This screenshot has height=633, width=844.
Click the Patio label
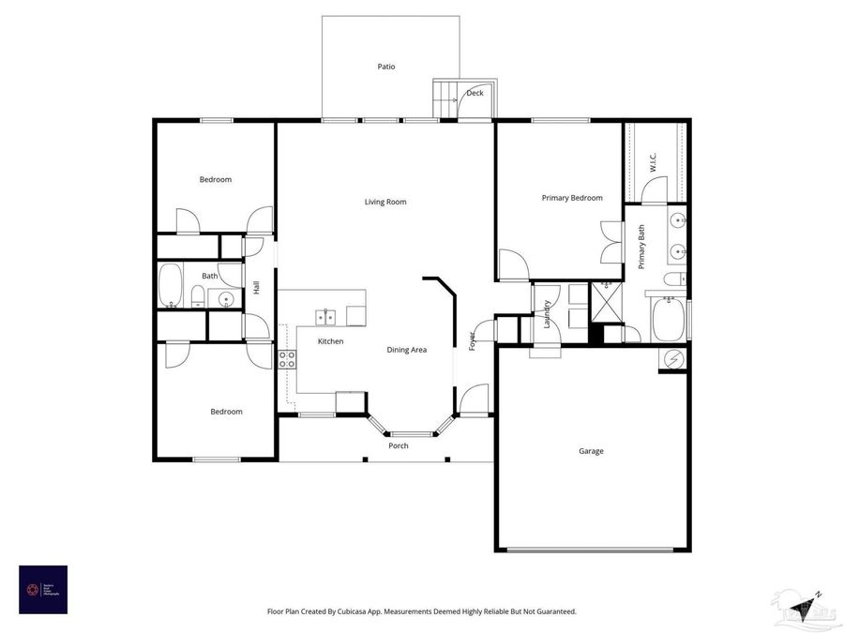pyautogui.click(x=386, y=67)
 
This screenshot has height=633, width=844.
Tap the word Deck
pyautogui.click(x=475, y=93)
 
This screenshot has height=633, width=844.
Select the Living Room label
pyautogui.click(x=385, y=202)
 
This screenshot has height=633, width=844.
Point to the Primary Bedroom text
pyautogui.click(x=572, y=198)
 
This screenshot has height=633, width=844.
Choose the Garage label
pyautogui.click(x=591, y=451)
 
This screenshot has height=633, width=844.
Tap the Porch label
pyautogui.click(x=399, y=445)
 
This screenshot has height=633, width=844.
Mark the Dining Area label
pyautogui.click(x=407, y=350)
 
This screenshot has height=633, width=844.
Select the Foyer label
pyautogui.click(x=473, y=341)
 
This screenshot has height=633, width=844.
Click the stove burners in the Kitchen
pyautogui.click(x=288, y=359)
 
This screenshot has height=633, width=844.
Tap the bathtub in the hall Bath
pyautogui.click(x=171, y=286)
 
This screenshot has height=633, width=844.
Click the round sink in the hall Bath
pyautogui.click(x=225, y=300)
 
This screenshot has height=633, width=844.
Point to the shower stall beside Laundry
pyautogui.click(x=604, y=302)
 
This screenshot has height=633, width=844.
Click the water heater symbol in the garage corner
pyautogui.click(x=673, y=357)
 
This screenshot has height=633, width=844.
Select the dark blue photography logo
pyautogui.click(x=43, y=589)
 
